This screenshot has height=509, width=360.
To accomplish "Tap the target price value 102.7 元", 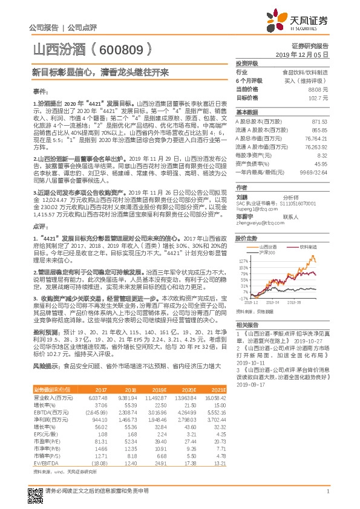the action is click(319, 97).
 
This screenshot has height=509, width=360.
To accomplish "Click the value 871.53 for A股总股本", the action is click(319, 122).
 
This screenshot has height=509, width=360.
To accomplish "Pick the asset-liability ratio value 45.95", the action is click(320, 163).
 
